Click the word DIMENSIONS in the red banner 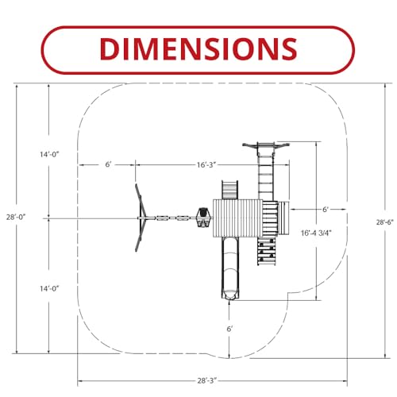click(x=198, y=49)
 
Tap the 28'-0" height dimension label click(x=16, y=217)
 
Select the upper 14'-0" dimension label click(x=49, y=154)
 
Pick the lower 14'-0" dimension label click(x=49, y=288)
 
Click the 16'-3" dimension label click(x=206, y=165)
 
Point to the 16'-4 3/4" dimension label click(x=316, y=233)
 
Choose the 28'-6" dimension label click(x=385, y=222)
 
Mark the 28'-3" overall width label click(x=207, y=381)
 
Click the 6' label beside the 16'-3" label click(x=108, y=164)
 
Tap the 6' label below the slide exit click(x=229, y=329)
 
